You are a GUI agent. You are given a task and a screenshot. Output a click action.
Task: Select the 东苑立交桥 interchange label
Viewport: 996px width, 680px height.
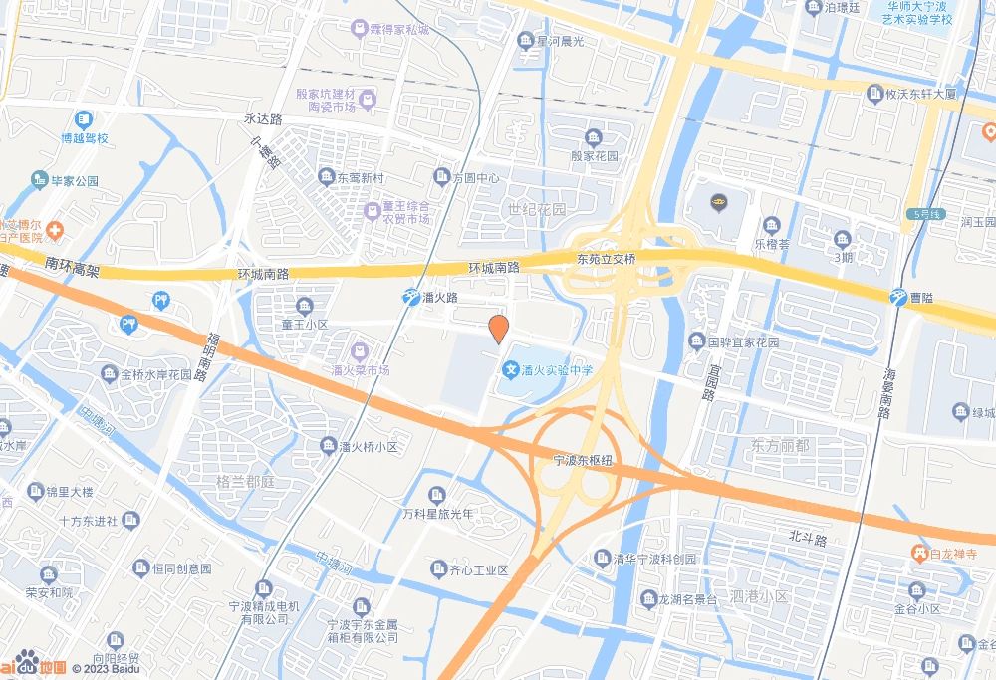tap(606, 257)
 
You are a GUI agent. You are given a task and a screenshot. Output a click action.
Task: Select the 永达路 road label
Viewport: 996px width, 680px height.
tap(263, 117)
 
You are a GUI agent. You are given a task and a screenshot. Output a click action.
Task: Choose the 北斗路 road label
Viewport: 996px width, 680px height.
tap(808, 540)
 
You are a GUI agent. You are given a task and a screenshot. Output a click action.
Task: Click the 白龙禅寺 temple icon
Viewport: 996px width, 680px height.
tap(921, 553)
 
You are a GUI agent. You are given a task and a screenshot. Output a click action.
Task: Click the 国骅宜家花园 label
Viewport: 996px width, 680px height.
tap(743, 342)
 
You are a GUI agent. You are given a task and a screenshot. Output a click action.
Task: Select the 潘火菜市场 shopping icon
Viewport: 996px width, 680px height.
tap(360, 351)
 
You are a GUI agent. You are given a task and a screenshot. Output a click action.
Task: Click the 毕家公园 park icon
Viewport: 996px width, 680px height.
tap(42, 180)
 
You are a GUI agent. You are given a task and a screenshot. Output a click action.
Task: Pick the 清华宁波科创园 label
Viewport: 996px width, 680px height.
tap(656, 559)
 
